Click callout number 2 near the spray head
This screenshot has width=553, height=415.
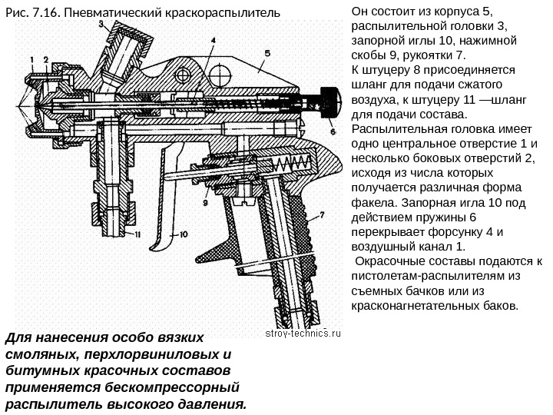coord(46,59)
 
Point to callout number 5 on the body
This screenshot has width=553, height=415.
coord(267,53)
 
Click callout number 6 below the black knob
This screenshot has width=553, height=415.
coord(333,132)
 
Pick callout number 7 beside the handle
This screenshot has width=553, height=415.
coord(322,215)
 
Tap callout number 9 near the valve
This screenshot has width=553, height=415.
coord(206,204)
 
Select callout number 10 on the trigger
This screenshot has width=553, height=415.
coord(184,236)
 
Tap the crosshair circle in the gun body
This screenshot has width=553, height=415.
coord(184,74)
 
